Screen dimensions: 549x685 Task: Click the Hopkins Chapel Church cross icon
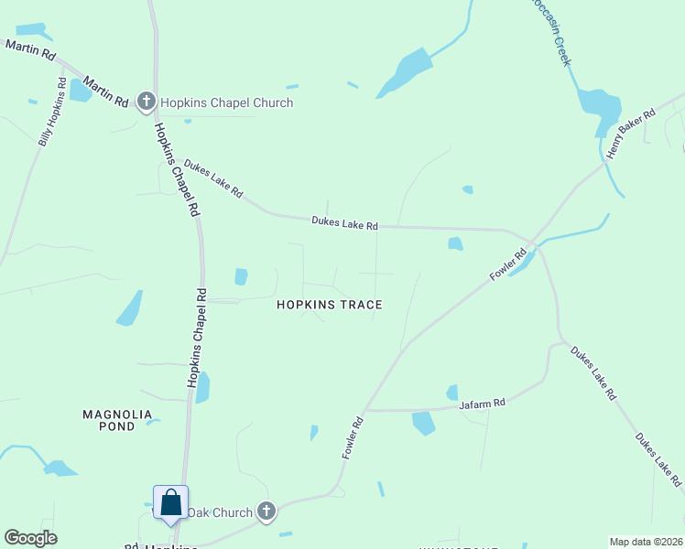point(146,102)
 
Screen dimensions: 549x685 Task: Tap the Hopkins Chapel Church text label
point(227,102)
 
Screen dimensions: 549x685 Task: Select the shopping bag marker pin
point(170,502)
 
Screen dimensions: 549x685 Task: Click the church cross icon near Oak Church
point(266,511)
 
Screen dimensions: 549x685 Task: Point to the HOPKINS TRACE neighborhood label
point(330,305)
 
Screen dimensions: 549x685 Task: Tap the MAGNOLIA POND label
point(122,420)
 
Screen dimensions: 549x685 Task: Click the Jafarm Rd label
point(482,403)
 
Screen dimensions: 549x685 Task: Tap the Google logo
point(30,538)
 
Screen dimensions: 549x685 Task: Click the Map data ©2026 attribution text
point(647,542)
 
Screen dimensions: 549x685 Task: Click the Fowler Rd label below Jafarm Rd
point(353,437)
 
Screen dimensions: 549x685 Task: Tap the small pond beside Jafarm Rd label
point(452,393)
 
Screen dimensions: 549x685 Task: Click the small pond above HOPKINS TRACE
point(241,276)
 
